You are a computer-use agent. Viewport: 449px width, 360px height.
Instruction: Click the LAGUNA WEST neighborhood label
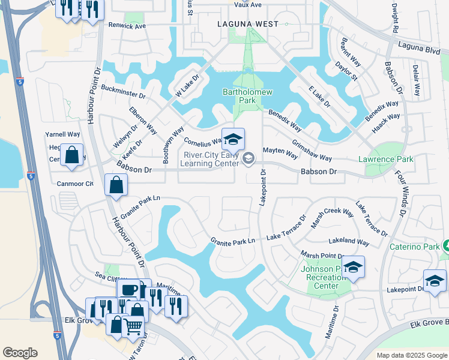point(248,24)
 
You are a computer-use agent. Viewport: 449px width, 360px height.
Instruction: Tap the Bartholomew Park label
point(247,96)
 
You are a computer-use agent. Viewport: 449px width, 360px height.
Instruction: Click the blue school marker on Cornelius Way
point(234,140)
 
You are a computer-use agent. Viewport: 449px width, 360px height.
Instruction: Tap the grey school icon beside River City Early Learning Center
point(249,158)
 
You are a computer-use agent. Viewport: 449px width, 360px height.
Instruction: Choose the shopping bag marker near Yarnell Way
point(71,155)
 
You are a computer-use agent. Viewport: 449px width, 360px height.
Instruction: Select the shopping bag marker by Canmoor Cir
point(116,185)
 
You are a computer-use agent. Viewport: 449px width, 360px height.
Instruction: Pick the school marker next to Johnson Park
point(354,268)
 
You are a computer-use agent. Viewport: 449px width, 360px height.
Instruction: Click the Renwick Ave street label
point(127,26)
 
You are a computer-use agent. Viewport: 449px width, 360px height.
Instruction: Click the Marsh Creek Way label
point(331,217)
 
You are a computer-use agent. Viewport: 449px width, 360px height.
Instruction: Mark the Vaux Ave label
point(247,5)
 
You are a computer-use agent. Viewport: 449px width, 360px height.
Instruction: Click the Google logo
point(20,353)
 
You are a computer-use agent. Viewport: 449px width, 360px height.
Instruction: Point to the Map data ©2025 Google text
point(411,355)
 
